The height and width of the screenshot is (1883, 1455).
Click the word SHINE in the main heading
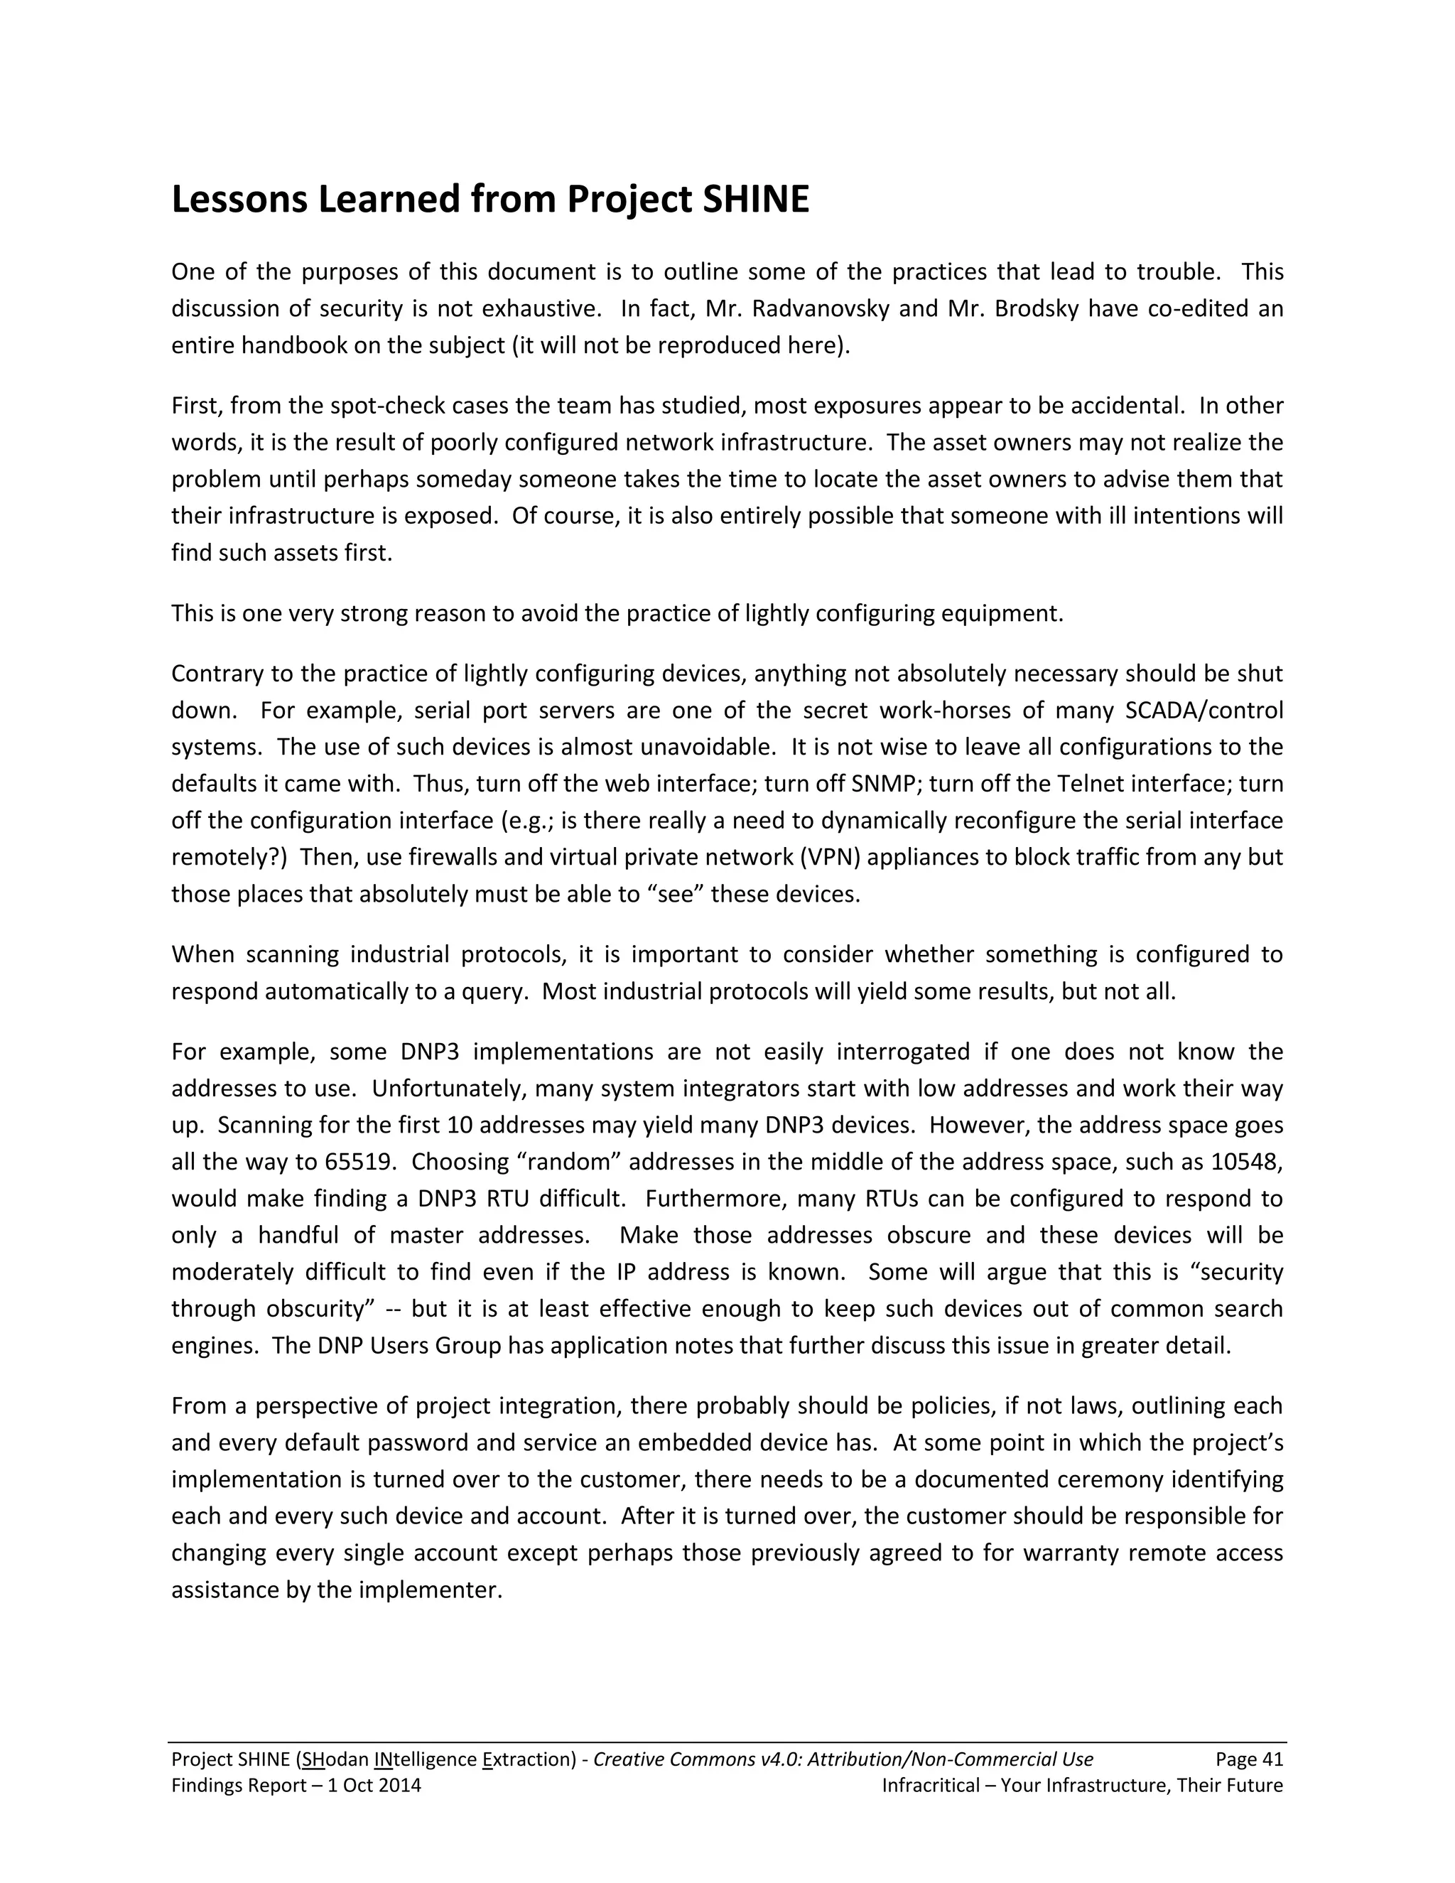tap(756, 200)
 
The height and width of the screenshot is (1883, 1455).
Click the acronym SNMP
tap(887, 784)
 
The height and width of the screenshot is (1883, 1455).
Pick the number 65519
tap(360, 1161)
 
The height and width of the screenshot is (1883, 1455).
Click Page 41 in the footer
tap(1249, 1759)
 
